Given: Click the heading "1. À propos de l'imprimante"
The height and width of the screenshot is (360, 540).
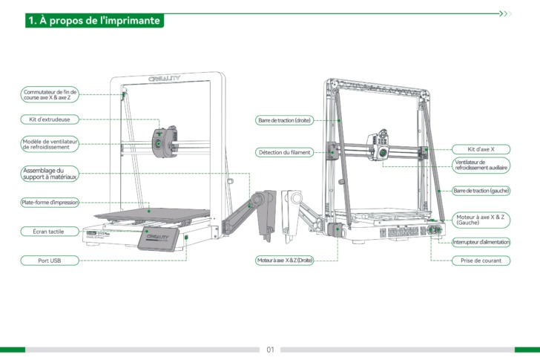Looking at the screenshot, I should pyautogui.click(x=93, y=21).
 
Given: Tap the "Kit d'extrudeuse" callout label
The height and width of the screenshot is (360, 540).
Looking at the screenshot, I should pyautogui.click(x=49, y=119).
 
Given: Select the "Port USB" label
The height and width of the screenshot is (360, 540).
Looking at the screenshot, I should pyautogui.click(x=49, y=261).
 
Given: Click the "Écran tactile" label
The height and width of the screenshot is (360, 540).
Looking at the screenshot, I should pyautogui.click(x=49, y=232).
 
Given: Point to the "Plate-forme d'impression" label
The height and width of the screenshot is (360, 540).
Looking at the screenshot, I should pyautogui.click(x=49, y=202).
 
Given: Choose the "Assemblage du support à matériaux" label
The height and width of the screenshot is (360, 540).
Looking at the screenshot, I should pyautogui.click(x=49, y=174).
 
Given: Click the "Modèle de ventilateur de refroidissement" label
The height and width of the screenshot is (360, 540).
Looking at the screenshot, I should pyautogui.click(x=49, y=144).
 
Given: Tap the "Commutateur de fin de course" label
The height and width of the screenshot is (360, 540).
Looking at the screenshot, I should pyautogui.click(x=49, y=94).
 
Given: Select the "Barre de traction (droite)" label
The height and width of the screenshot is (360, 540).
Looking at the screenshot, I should pyautogui.click(x=284, y=120).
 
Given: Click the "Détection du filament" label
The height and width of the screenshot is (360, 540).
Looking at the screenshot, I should pyautogui.click(x=284, y=152).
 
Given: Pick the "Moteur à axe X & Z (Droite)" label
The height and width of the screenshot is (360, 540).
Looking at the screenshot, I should pyautogui.click(x=284, y=261).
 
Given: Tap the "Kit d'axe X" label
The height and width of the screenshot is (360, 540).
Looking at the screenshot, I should pyautogui.click(x=481, y=149).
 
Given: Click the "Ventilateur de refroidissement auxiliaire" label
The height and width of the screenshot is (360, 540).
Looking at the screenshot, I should pyautogui.click(x=481, y=165).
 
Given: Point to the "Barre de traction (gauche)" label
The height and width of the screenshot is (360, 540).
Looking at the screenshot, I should pyautogui.click(x=481, y=191).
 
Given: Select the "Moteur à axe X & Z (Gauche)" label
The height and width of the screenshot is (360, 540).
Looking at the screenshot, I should pyautogui.click(x=481, y=219).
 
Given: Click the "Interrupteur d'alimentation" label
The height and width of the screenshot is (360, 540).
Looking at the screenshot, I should pyautogui.click(x=481, y=242).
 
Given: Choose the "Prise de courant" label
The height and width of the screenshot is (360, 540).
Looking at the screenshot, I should pyautogui.click(x=481, y=261).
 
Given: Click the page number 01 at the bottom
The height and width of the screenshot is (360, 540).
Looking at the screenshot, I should pyautogui.click(x=270, y=349).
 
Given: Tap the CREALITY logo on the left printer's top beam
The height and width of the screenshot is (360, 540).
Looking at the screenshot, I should pyautogui.click(x=165, y=77).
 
